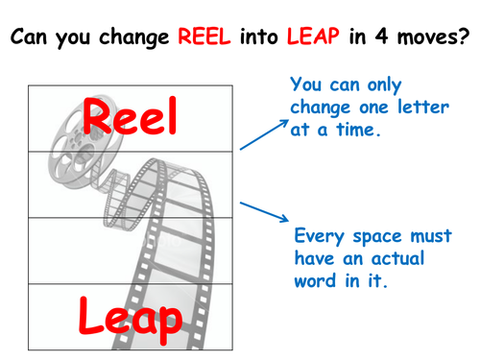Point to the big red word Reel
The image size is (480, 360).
pyautogui.click(x=131, y=118)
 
